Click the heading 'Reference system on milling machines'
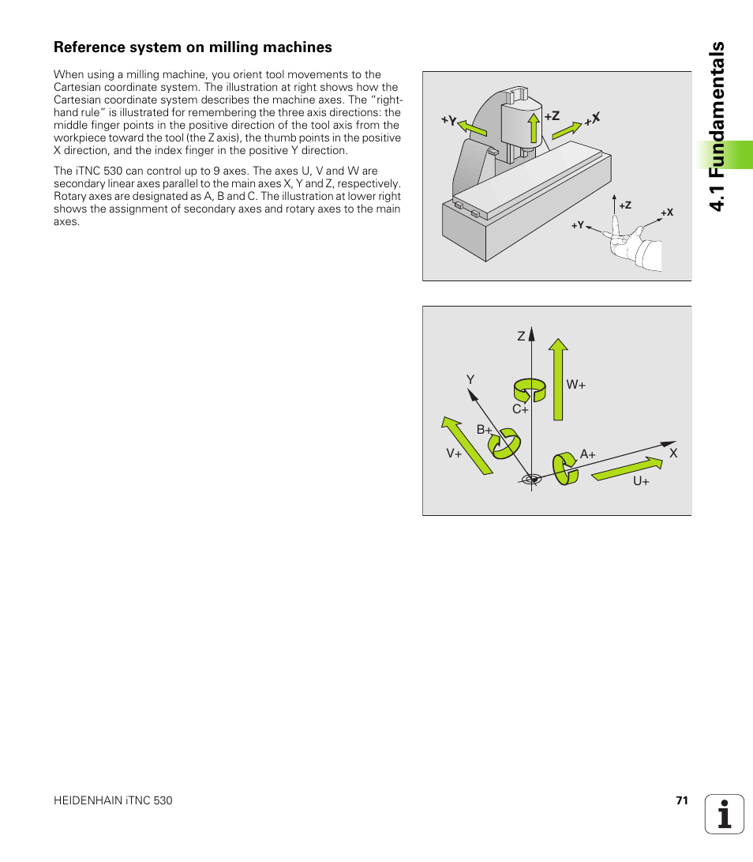pyautogui.click(x=193, y=47)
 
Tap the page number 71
pyautogui.click(x=682, y=800)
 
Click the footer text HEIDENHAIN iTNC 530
pyautogui.click(x=113, y=800)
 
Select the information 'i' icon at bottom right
pyautogui.click(x=725, y=814)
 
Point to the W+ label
pyautogui.click(x=575, y=385)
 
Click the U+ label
pyautogui.click(x=641, y=481)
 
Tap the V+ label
pyautogui.click(x=454, y=454)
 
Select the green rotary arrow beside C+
pyautogui.click(x=529, y=390)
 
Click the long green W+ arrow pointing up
pyautogui.click(x=558, y=379)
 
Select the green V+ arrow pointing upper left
pyautogui.click(x=466, y=445)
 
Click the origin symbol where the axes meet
pyautogui.click(x=532, y=478)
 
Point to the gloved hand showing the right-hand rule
pyautogui.click(x=636, y=248)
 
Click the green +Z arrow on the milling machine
pyautogui.click(x=534, y=127)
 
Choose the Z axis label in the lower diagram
pyautogui.click(x=521, y=337)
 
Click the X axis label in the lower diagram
pyautogui.click(x=673, y=454)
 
